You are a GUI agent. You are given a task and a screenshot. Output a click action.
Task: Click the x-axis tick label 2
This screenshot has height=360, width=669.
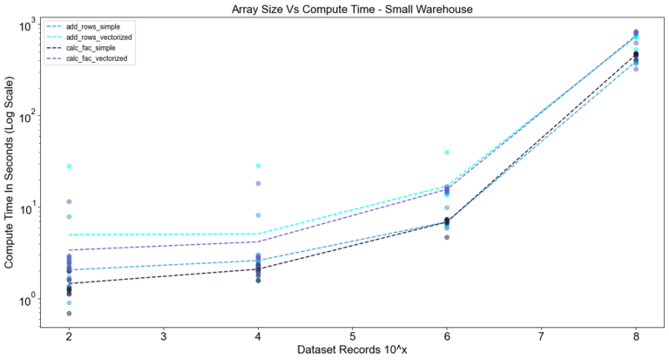(69, 336)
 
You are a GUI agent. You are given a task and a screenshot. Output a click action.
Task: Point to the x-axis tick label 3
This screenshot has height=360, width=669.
(164, 336)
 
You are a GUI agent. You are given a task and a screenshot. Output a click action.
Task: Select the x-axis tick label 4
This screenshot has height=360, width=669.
(258, 336)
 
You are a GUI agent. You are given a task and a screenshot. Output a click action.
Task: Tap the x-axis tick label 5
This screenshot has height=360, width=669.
(353, 336)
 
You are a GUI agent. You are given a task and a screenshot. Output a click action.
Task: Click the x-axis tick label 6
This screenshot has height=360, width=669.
(447, 336)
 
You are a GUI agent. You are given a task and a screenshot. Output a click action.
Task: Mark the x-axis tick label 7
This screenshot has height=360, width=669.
(542, 336)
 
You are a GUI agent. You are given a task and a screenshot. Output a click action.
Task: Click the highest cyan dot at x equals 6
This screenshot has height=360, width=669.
(447, 153)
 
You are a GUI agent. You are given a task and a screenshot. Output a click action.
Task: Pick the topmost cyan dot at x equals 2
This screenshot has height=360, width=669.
(69, 166)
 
